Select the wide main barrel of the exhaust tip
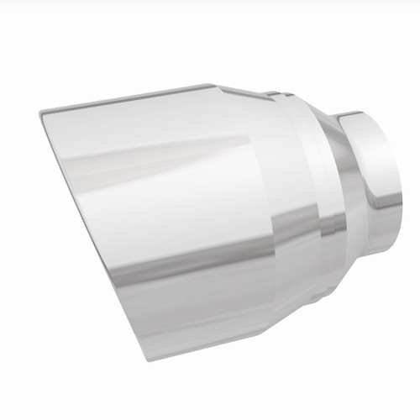(x=168, y=210)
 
